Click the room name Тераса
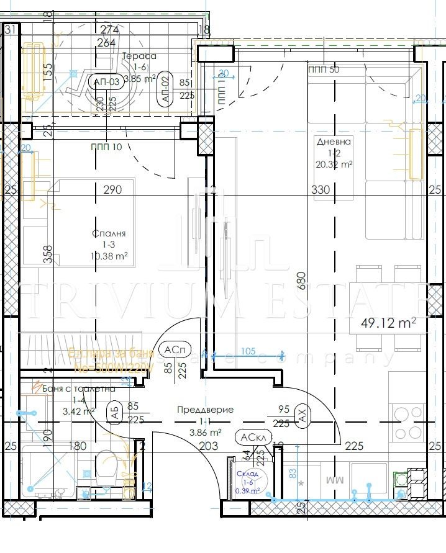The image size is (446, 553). point(139,56)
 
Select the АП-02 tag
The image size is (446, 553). point(165,88)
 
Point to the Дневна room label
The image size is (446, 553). point(329,142)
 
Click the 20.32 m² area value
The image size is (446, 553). point(334,164)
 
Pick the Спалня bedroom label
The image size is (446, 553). point(109,233)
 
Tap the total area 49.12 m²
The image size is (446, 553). point(388,323)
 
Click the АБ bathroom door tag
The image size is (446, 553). point(114,413)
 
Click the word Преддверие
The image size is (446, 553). point(205,410)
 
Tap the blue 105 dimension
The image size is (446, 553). point(248,351)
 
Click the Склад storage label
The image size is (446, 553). point(247,473)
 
